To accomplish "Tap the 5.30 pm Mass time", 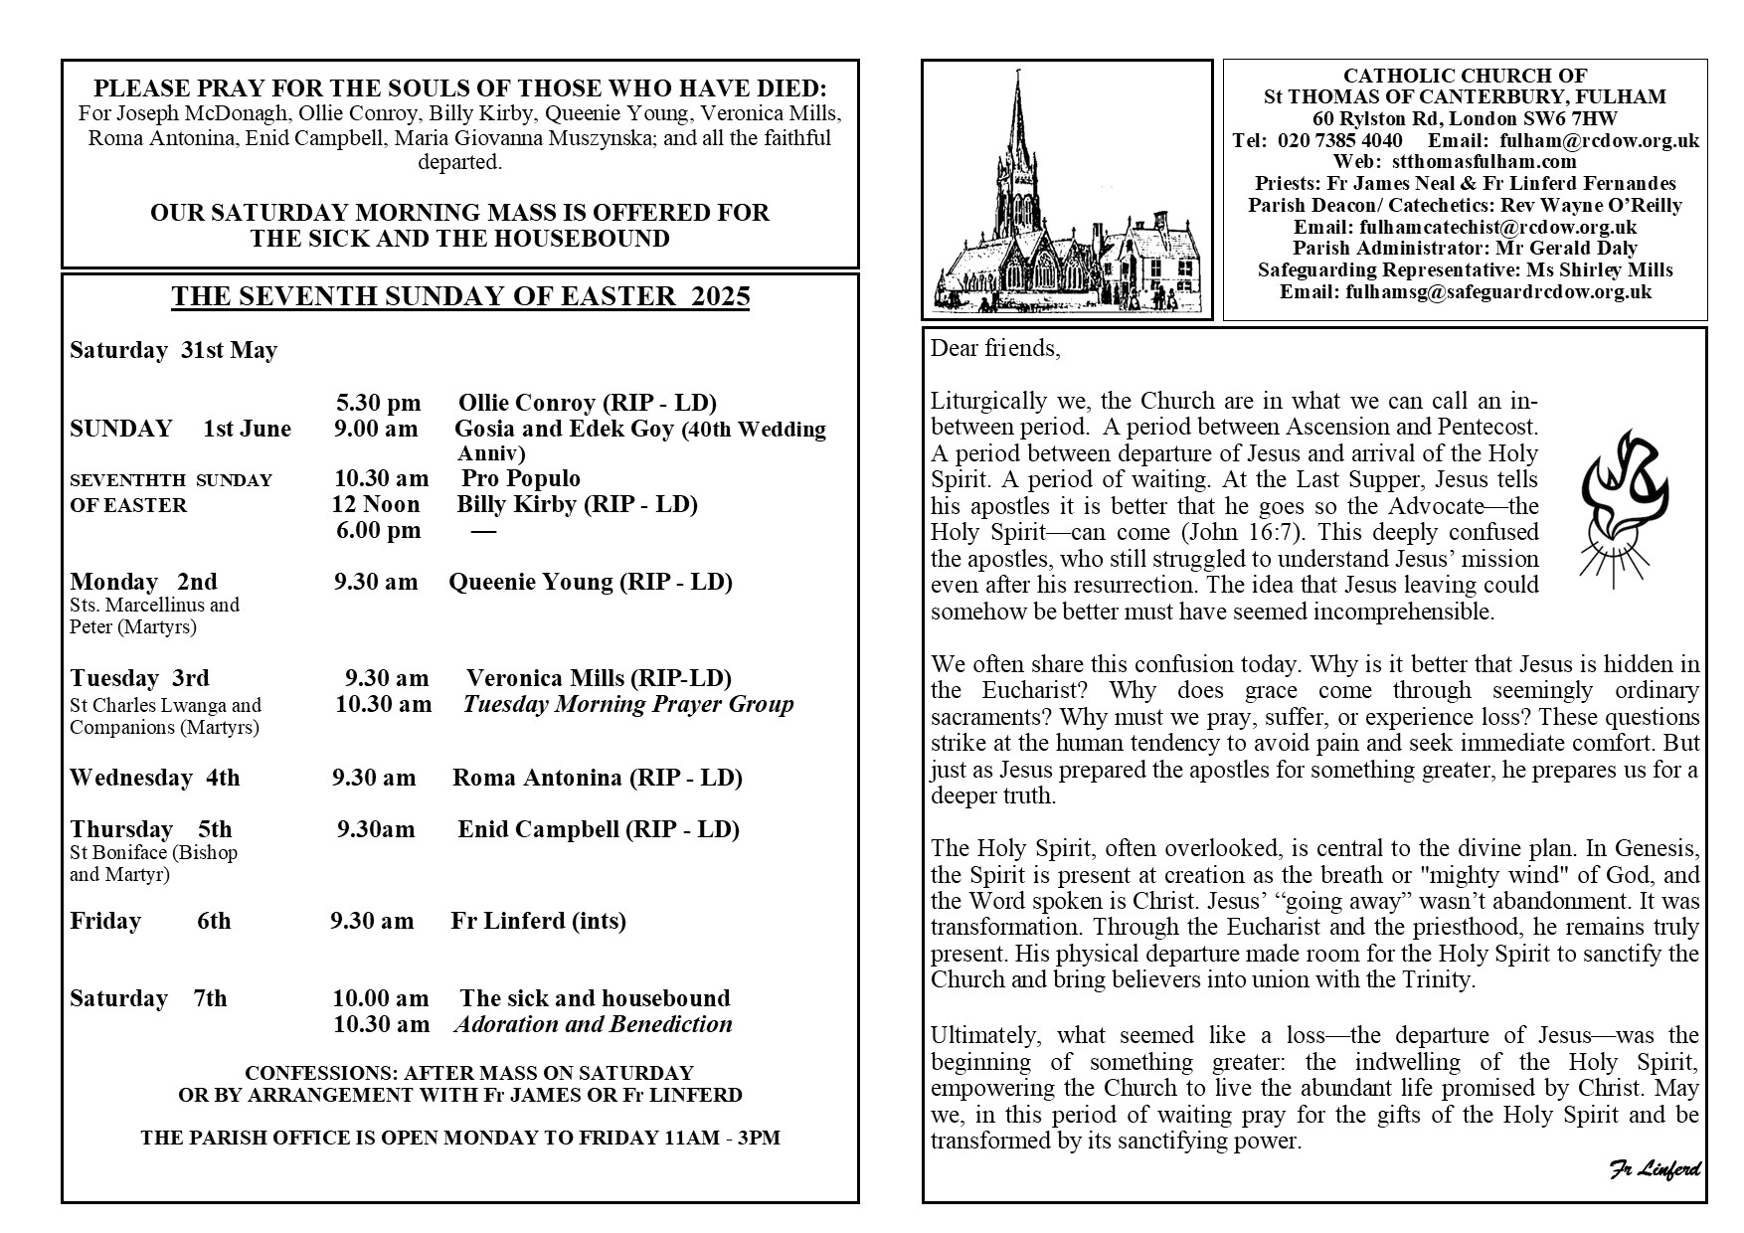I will tap(378, 403).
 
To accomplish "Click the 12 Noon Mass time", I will tap(376, 504).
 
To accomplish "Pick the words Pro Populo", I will tap(520, 479).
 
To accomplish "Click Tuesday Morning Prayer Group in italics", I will tap(628, 704).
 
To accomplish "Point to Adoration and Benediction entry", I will tap(593, 1024).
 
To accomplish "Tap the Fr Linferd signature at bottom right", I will tap(1654, 1169).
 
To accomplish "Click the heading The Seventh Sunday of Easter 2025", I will tap(460, 297).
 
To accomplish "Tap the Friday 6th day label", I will tap(150, 922).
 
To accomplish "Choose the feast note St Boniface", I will tap(153, 852).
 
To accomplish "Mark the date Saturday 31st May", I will tap(173, 350).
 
